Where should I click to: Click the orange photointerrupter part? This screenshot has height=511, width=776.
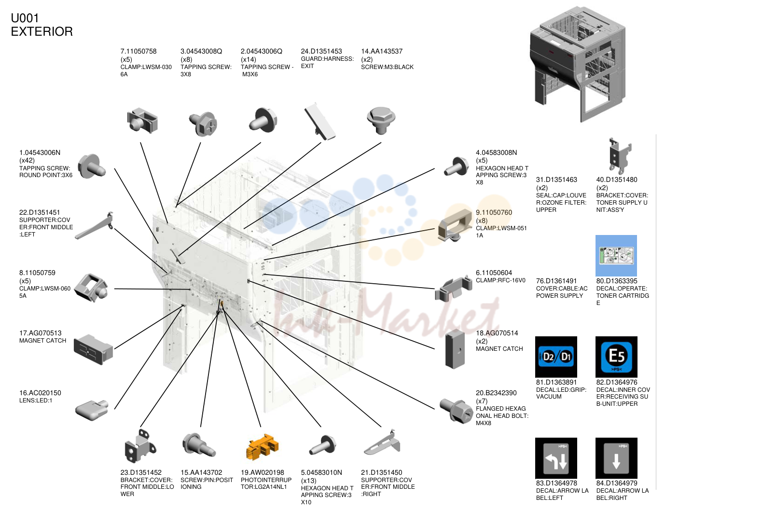(262, 447)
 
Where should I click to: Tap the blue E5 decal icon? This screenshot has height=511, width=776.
(616, 357)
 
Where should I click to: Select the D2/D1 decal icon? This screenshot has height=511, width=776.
(556, 357)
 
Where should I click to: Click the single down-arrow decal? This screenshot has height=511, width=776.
(616, 458)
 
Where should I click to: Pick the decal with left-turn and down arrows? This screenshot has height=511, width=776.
(556, 458)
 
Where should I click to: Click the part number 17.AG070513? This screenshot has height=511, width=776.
(40, 333)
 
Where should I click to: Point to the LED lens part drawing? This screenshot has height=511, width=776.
(92, 410)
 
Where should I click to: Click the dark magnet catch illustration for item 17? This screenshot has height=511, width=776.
(93, 349)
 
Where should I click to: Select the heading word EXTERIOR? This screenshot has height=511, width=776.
(42, 31)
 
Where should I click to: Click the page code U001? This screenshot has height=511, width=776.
(25, 18)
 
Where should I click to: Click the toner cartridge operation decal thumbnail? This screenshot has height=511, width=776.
(616, 256)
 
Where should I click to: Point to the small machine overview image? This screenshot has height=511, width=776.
(578, 64)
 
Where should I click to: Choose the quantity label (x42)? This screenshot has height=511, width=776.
(27, 160)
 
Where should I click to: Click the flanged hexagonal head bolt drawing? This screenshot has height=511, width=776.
(456, 411)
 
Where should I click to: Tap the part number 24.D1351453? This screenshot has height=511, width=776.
(321, 51)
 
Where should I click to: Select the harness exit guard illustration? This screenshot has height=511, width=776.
(319, 121)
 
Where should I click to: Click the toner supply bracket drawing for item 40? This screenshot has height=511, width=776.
(620, 156)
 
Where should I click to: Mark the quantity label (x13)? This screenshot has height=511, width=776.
(309, 481)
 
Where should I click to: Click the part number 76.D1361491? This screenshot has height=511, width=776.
(556, 281)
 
